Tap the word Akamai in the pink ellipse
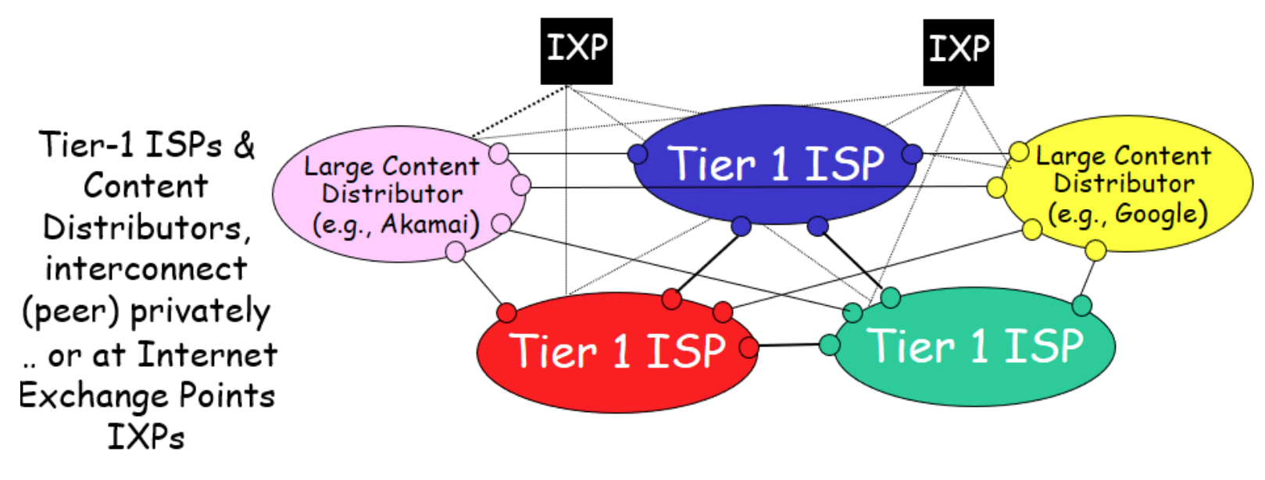click(x=429, y=225)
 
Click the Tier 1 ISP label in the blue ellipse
click(x=777, y=164)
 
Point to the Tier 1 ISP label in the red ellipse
click(x=617, y=350)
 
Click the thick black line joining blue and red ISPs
click(x=706, y=263)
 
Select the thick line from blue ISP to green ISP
click(x=854, y=262)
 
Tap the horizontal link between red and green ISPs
click(x=788, y=345)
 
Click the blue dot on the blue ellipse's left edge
click(x=638, y=154)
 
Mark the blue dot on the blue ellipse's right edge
click(x=912, y=154)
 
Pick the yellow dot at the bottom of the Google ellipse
click(x=1095, y=251)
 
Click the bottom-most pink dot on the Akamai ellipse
click(x=456, y=251)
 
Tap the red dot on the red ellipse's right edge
click(x=748, y=347)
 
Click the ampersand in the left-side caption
click(x=244, y=145)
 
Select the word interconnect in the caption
click(x=146, y=268)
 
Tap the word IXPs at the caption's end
click(x=146, y=437)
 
